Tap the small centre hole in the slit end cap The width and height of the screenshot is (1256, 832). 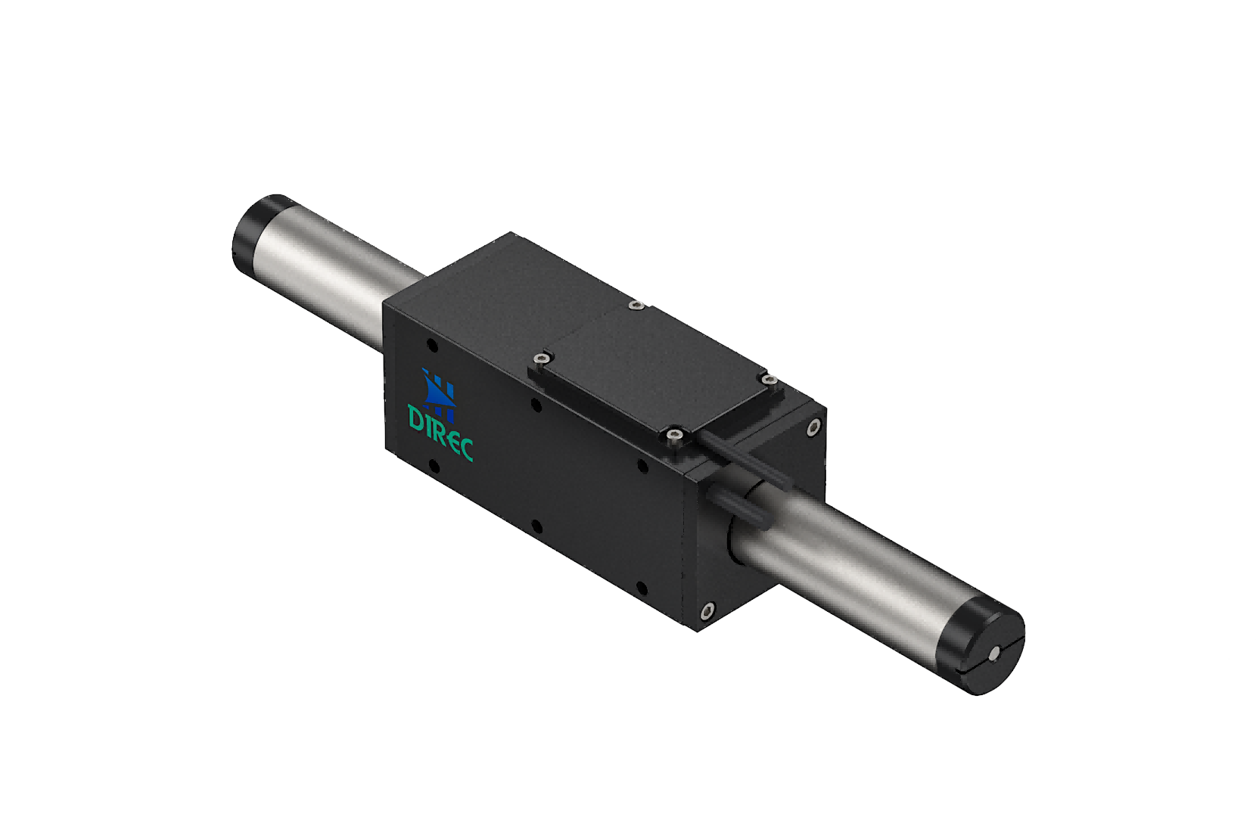(x=994, y=652)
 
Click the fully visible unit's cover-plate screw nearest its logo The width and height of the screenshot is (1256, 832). (x=541, y=359)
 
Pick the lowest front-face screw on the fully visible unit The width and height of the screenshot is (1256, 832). (x=707, y=610)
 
